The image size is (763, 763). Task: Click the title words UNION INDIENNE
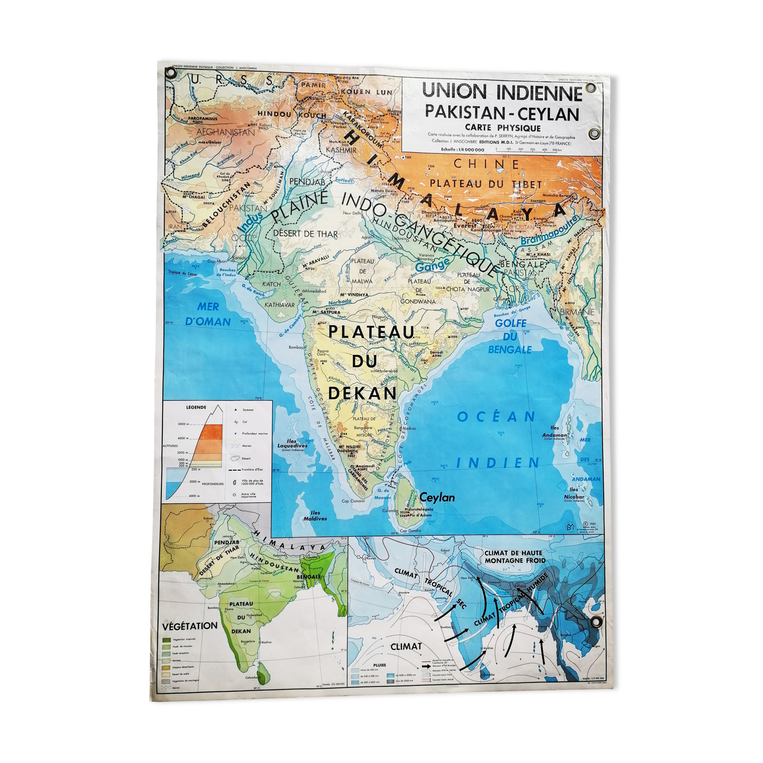pyautogui.click(x=502, y=92)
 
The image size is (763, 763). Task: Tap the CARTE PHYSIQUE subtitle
pyautogui.click(x=502, y=127)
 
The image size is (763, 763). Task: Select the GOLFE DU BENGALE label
pyautogui.click(x=510, y=336)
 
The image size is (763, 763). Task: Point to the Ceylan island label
pyautogui.click(x=437, y=497)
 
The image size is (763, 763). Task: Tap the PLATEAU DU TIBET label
pyautogui.click(x=485, y=183)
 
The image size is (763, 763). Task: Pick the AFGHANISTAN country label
pyautogui.click(x=226, y=132)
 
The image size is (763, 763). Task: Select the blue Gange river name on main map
pyautogui.click(x=433, y=265)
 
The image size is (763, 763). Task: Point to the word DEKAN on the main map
pyautogui.click(x=362, y=393)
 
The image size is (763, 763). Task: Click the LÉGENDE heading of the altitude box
pyautogui.click(x=196, y=407)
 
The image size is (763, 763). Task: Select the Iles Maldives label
pyautogui.click(x=315, y=516)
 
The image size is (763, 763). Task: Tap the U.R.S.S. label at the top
pyautogui.click(x=231, y=80)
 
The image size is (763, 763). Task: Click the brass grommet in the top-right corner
pyautogui.click(x=591, y=87)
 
